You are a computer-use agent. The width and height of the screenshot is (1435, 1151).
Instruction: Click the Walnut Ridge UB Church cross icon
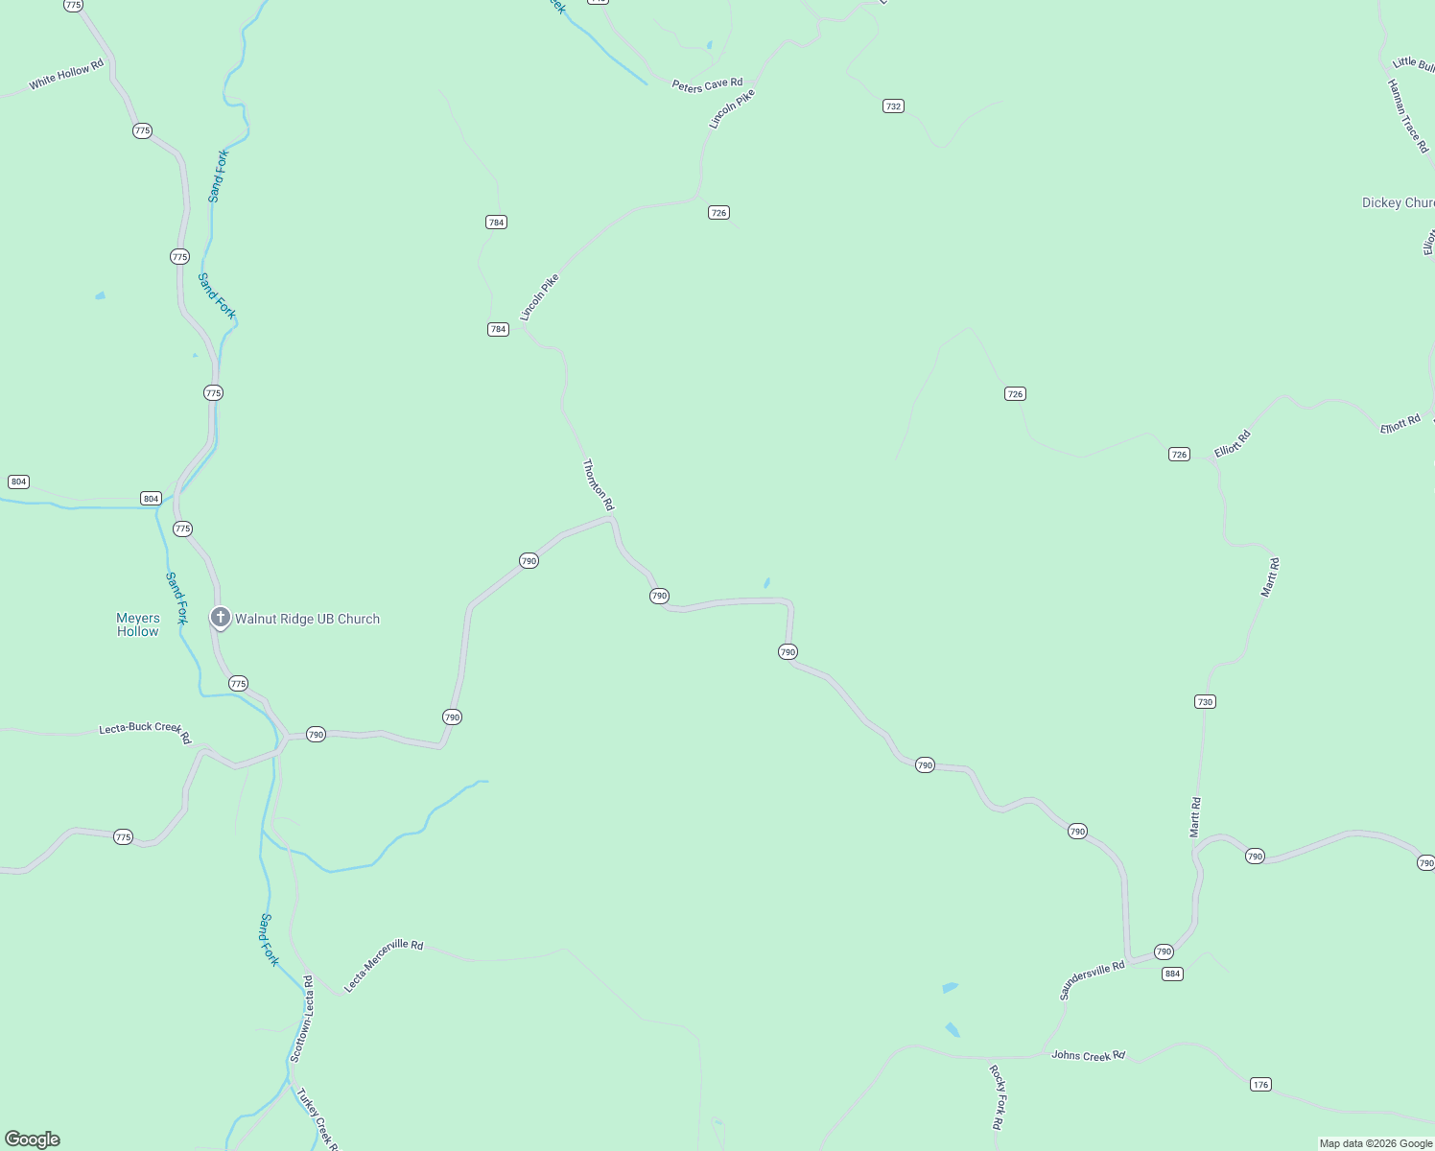point(220,618)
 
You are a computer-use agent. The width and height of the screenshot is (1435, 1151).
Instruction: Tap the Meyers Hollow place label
point(138,624)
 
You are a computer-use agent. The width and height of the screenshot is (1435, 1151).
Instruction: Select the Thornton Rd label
point(598,484)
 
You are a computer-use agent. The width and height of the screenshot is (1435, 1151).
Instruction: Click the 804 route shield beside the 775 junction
point(151,498)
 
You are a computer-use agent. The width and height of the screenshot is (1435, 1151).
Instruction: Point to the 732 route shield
point(893,106)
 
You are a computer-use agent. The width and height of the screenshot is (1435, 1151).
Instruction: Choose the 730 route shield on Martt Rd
point(1205,702)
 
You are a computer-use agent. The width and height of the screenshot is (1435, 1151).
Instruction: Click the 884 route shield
point(1172,974)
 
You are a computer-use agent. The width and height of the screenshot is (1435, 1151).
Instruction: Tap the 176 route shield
point(1260,1085)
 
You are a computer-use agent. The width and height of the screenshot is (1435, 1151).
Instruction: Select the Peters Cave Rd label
point(707,85)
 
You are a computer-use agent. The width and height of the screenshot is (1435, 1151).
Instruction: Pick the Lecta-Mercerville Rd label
point(383,965)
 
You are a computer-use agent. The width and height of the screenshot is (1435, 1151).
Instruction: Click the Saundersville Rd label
point(1092,981)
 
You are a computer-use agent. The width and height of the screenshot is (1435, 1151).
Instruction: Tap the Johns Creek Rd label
point(1088,1056)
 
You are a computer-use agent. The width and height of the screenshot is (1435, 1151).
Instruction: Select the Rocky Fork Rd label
point(997,1096)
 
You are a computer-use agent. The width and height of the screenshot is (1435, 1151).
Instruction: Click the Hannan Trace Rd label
point(1407,116)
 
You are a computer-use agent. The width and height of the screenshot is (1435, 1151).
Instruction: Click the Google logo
point(33,1139)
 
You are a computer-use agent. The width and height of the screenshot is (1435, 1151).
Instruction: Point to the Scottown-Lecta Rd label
point(301,1020)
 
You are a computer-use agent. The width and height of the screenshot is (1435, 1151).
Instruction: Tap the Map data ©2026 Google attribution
point(1376,1143)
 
